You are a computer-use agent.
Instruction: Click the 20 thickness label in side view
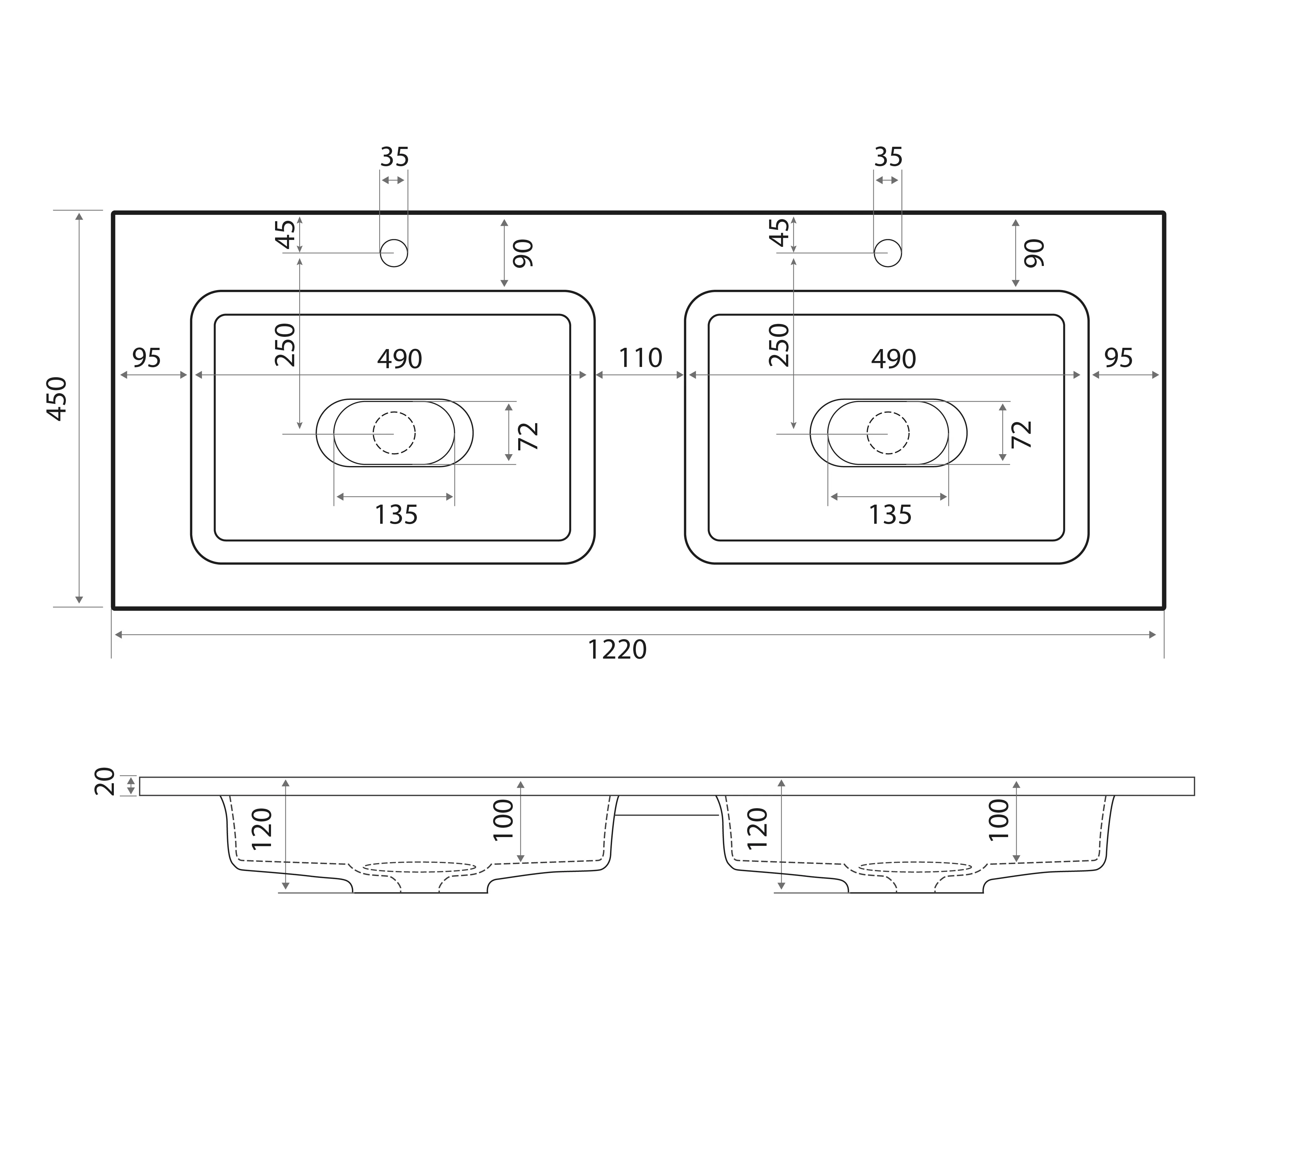[105, 782]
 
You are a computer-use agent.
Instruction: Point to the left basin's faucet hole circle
[394, 253]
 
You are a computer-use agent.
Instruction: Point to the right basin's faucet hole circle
[888, 253]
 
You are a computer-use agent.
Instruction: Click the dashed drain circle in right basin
[888, 433]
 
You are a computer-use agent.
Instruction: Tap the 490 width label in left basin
[400, 359]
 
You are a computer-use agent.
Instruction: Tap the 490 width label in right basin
[894, 359]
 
